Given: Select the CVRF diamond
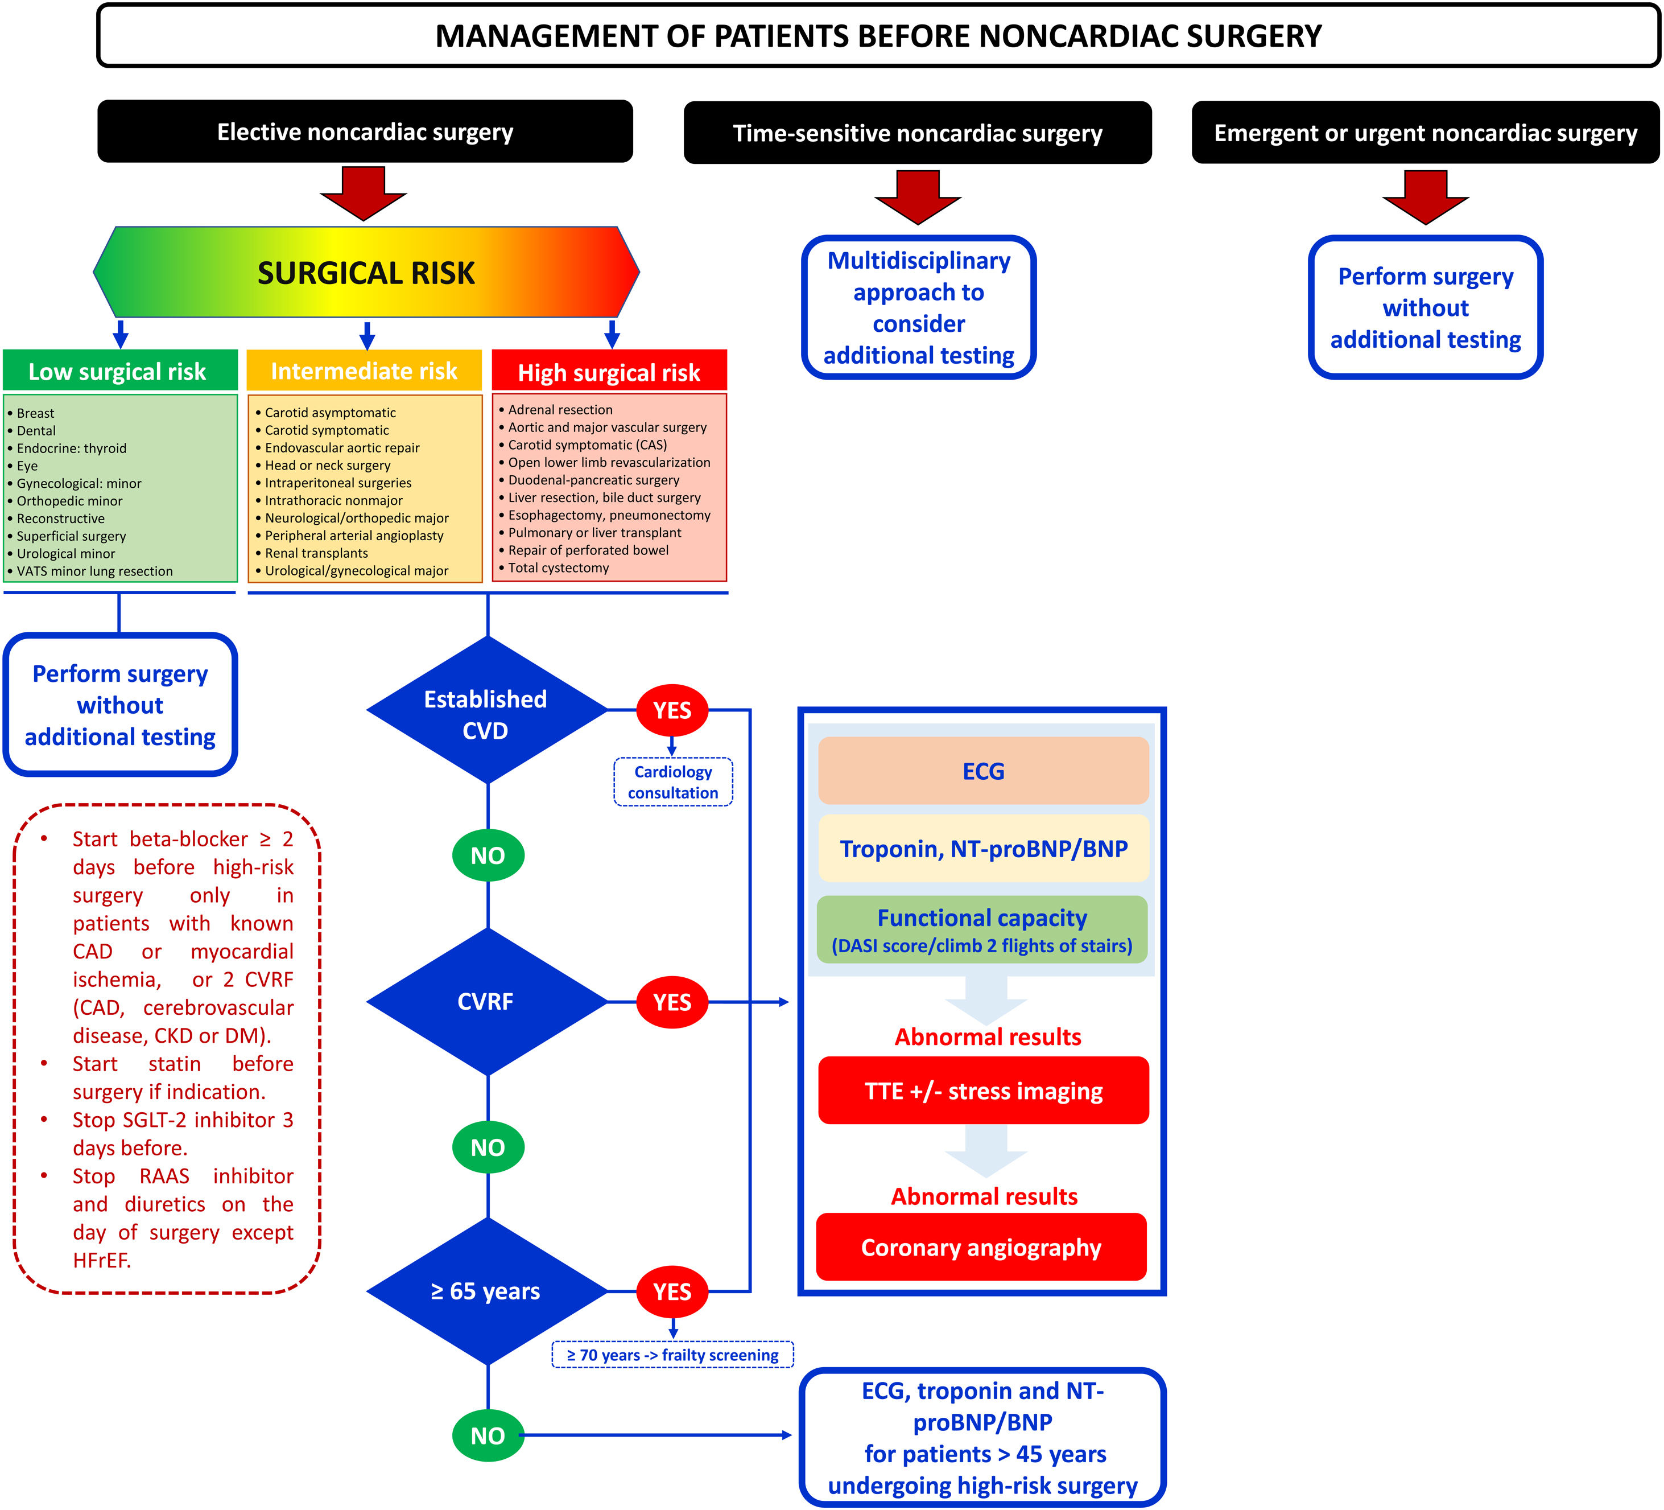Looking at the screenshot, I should click(x=486, y=1001).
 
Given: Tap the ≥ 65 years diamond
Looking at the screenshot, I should click(x=486, y=1291).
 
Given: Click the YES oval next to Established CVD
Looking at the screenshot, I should click(x=672, y=710).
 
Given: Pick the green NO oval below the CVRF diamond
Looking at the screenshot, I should click(x=488, y=1147).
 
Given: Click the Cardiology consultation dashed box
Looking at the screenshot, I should click(x=672, y=782).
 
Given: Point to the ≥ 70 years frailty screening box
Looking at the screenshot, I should click(x=672, y=1355).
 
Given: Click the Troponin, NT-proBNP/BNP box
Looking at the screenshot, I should click(x=983, y=849).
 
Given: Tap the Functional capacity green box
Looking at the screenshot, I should click(x=982, y=929).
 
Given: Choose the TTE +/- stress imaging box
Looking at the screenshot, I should click(x=983, y=1091).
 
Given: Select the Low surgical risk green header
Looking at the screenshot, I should click(x=119, y=372).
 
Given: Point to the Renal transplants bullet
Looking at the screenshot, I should click(x=317, y=553).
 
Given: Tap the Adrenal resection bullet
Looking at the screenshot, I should click(x=560, y=409).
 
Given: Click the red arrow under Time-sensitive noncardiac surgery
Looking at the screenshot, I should click(x=918, y=196).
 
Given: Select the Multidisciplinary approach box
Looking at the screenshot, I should click(x=919, y=308).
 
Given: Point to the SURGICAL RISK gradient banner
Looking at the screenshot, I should click(x=366, y=273).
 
